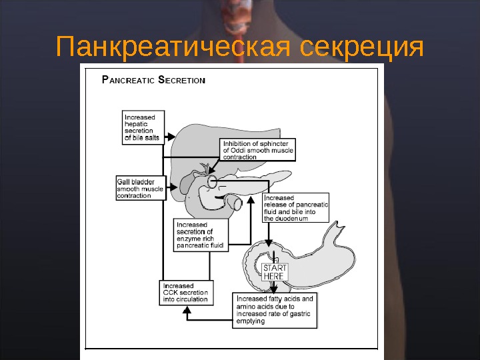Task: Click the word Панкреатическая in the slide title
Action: (175, 48)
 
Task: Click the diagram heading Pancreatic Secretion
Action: (153, 80)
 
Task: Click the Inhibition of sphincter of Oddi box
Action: (257, 150)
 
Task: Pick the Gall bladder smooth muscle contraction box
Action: (140, 188)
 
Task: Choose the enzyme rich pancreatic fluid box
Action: (201, 235)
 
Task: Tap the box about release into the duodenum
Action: (296, 208)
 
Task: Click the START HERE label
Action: (275, 271)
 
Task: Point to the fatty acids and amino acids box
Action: (275, 310)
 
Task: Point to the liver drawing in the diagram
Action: (193, 140)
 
